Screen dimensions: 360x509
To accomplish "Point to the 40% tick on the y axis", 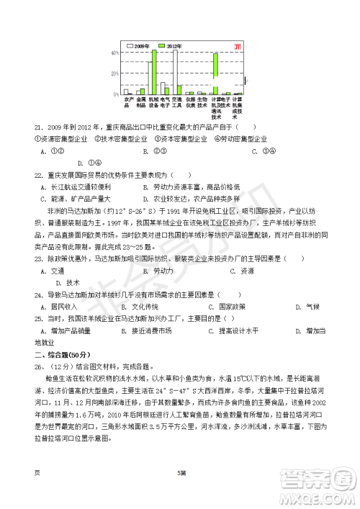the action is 115,53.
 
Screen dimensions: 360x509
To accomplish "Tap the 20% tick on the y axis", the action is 115,74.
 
